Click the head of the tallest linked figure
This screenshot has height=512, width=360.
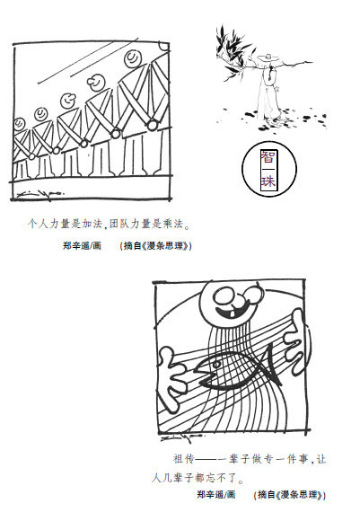tap(133, 58)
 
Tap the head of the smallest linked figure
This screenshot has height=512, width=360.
tap(19, 124)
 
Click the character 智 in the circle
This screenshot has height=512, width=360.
tap(268, 158)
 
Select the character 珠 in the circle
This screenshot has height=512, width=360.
tap(268, 181)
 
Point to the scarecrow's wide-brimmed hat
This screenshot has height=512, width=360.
tap(268, 58)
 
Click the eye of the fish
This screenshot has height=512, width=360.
tap(216, 363)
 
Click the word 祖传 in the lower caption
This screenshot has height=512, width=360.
tap(184, 459)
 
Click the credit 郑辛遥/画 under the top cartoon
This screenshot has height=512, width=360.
tap(83, 245)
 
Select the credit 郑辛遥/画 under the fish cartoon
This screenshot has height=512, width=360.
tap(216, 494)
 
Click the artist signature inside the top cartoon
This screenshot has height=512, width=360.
tap(40, 194)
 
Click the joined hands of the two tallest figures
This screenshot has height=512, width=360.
tap(152, 125)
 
